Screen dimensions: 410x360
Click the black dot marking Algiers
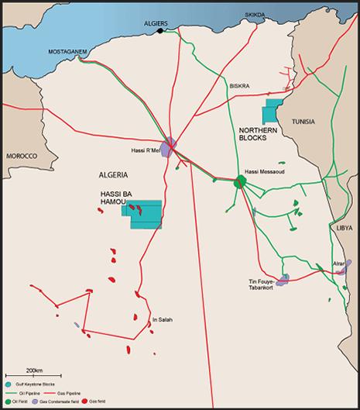pyautogui.click(x=160, y=32)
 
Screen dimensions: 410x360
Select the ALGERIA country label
pyautogui.click(x=115, y=174)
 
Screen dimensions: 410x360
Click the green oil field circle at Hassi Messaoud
pyautogui.click(x=240, y=183)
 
